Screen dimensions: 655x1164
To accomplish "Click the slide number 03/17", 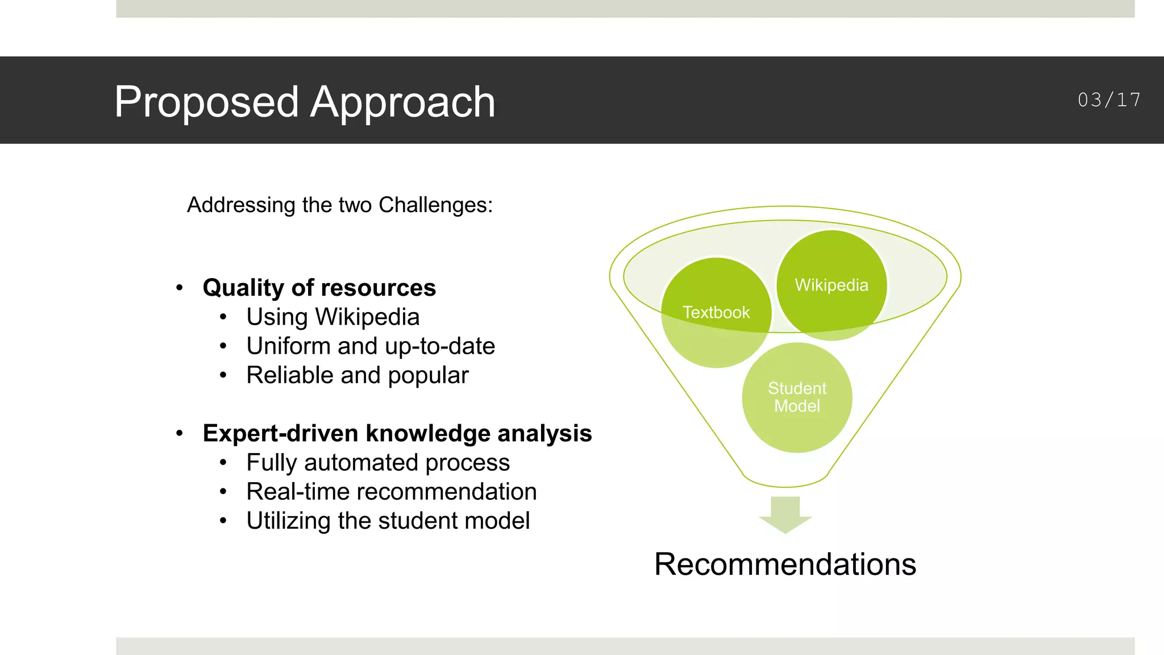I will click(1109, 100).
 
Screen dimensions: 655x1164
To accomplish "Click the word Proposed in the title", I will click(206, 102).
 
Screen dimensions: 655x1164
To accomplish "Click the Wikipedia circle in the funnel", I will click(832, 285).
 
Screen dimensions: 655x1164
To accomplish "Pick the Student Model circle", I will click(797, 397).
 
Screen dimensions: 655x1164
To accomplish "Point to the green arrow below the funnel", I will click(785, 514).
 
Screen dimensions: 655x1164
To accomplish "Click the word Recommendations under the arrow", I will click(785, 565).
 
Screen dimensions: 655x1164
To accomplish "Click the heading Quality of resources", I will click(319, 288).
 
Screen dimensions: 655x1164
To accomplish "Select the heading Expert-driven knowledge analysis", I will click(397, 433).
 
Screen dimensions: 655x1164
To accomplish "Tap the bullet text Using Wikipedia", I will click(332, 317).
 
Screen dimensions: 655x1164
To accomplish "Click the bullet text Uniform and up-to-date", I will click(370, 346).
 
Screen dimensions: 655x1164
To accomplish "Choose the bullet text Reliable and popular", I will click(357, 375).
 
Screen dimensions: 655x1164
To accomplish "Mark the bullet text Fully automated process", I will click(377, 463).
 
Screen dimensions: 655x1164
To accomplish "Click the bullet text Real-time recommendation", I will click(391, 492).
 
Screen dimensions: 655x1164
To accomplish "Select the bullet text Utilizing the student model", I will click(388, 521).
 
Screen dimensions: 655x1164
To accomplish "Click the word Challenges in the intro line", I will click(435, 205).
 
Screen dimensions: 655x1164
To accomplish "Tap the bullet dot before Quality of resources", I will click(180, 288).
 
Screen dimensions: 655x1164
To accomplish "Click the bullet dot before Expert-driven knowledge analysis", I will click(180, 433).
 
